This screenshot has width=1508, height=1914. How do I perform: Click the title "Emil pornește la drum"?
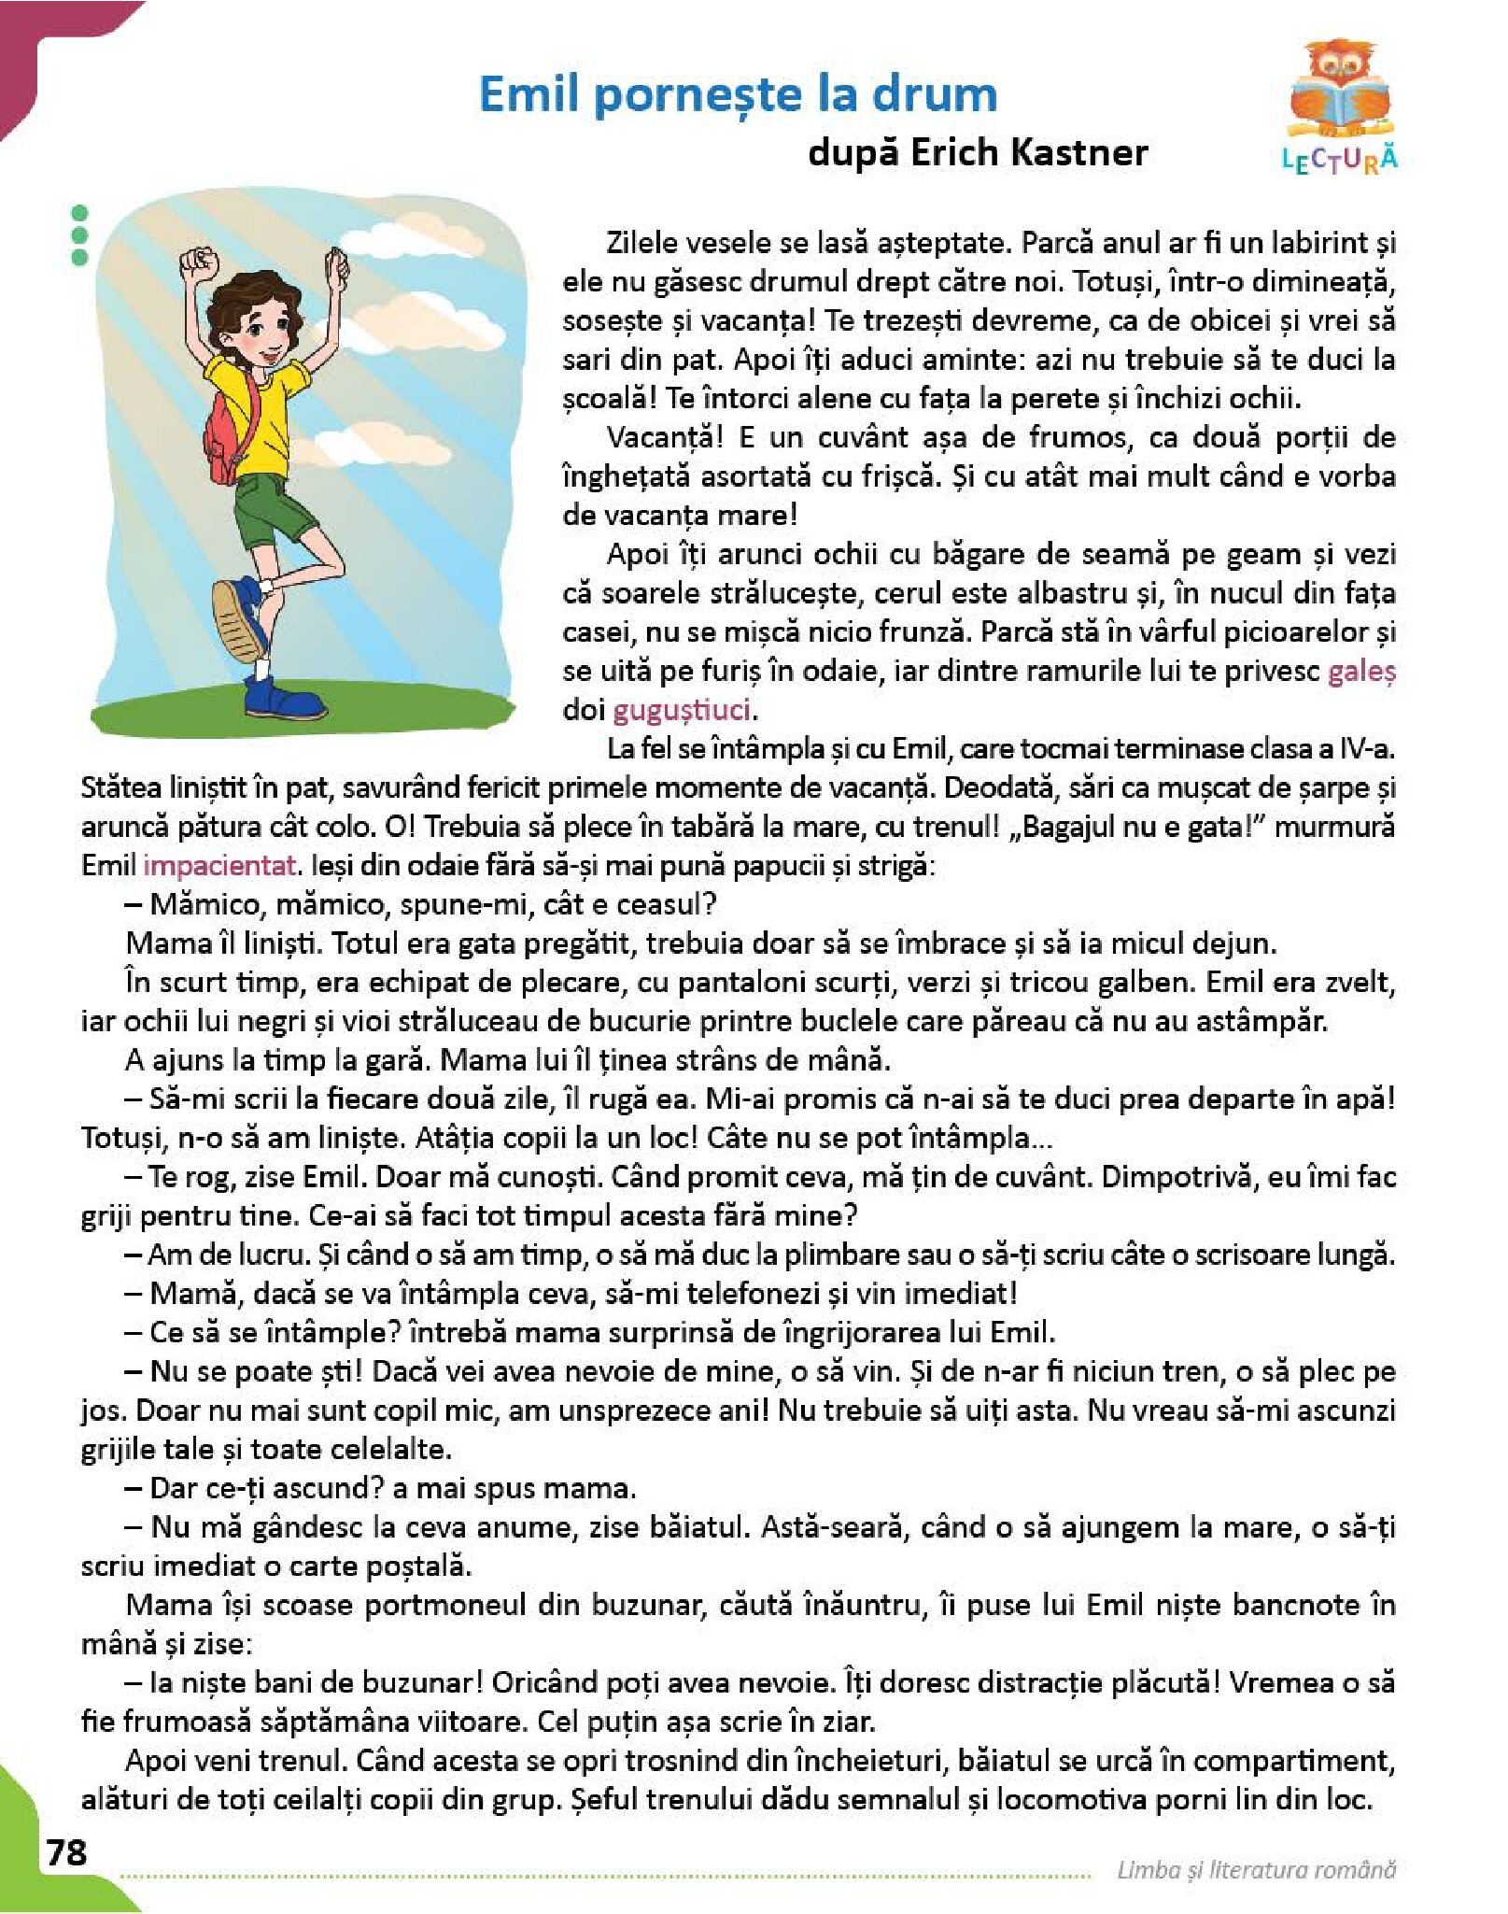point(738,94)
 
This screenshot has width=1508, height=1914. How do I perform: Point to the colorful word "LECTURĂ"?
point(1340,160)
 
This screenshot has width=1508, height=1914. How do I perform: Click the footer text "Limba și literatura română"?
point(1256,1869)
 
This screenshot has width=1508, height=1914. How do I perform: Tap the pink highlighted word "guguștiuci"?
point(682,710)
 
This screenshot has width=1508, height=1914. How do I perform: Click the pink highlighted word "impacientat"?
point(218,865)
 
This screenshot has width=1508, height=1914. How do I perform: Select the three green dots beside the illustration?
point(79,234)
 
